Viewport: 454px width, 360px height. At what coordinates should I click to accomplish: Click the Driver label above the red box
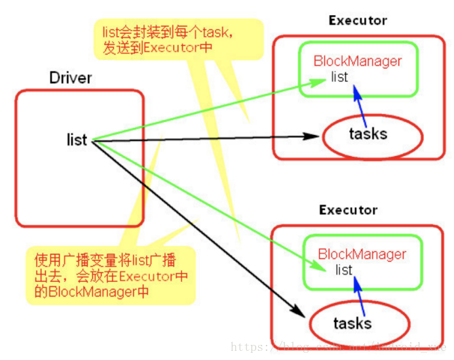pos(71,79)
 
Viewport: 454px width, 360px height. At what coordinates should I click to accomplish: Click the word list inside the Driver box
pos(77,140)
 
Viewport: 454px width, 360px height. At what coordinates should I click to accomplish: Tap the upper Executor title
pos(358,20)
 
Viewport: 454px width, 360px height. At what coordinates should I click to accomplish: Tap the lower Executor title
pos(349,210)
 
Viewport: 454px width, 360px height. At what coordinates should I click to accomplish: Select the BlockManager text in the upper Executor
pos(358,62)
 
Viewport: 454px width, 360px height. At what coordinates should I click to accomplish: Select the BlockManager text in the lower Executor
pos(362,254)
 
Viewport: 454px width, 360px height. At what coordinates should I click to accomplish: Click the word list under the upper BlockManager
pos(339,77)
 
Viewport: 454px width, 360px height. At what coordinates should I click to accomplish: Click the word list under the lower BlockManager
pos(344,270)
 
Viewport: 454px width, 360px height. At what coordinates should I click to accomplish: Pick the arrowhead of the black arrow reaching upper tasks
pos(314,136)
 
